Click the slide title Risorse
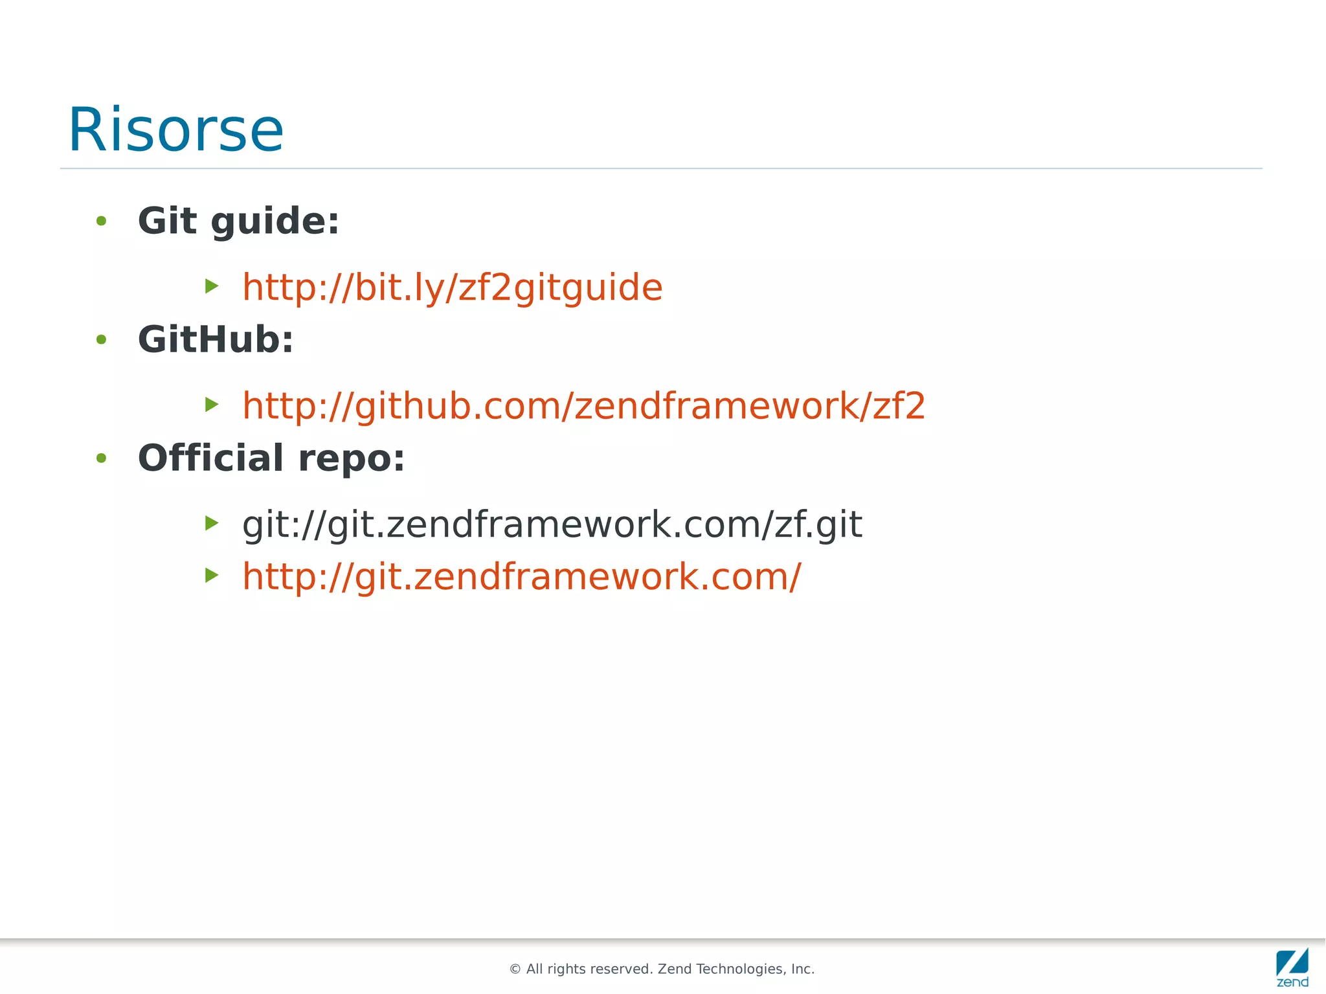(x=175, y=130)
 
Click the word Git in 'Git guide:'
(x=167, y=221)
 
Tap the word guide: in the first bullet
(x=275, y=222)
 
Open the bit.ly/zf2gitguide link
(x=452, y=287)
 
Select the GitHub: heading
(x=216, y=339)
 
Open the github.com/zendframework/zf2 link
(x=583, y=406)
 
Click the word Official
(x=210, y=458)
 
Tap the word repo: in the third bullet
(x=352, y=459)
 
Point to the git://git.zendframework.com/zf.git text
(x=552, y=524)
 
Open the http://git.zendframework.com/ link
(x=521, y=576)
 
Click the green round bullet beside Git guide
(x=101, y=221)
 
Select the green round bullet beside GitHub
(x=101, y=340)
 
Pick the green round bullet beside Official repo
(x=101, y=458)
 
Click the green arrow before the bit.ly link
(x=212, y=286)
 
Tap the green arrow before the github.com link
(x=212, y=405)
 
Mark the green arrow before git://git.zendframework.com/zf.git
(x=212, y=523)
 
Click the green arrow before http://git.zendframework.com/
(x=212, y=575)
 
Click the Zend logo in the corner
(x=1292, y=967)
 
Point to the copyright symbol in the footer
(x=515, y=969)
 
